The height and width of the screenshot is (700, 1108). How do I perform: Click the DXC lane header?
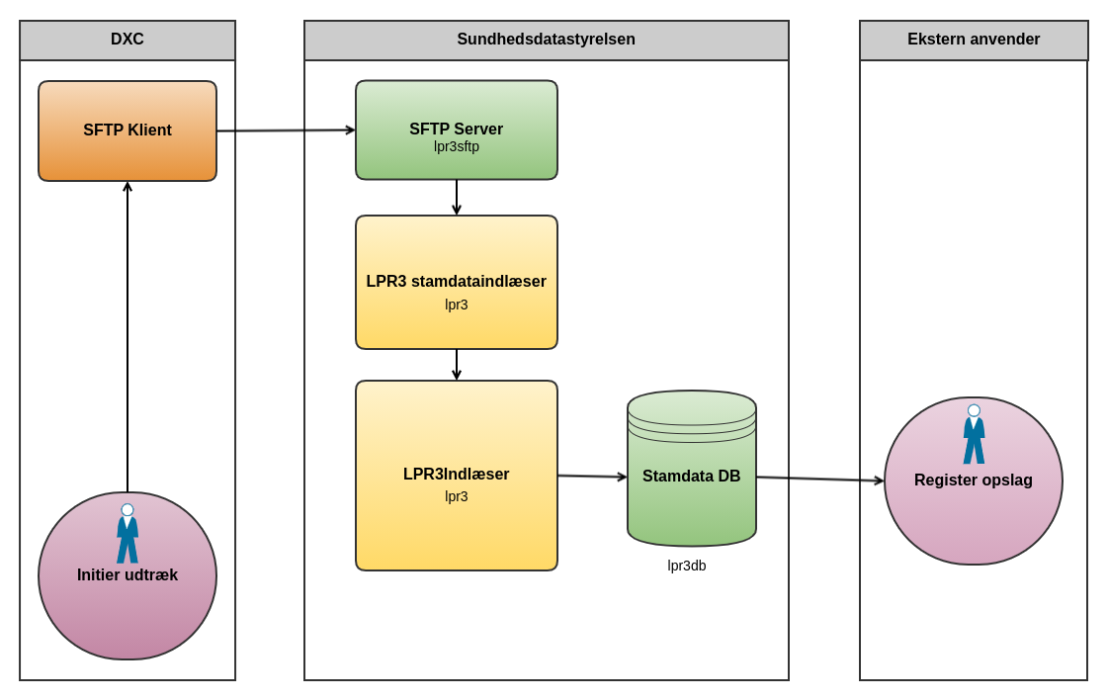[128, 41]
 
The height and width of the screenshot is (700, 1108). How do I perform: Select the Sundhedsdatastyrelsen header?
[546, 41]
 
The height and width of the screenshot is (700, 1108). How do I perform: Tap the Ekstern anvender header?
[974, 41]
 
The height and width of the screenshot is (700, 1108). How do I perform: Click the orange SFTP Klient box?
[128, 131]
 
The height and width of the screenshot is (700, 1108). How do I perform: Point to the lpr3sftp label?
[457, 147]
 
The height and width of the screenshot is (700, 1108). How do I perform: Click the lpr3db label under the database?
[687, 566]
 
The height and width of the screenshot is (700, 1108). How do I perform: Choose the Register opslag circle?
[974, 514]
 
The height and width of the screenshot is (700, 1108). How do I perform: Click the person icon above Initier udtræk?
[128, 534]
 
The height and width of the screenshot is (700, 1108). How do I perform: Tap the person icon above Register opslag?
[974, 434]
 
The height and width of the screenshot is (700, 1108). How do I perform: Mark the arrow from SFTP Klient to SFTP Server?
[286, 131]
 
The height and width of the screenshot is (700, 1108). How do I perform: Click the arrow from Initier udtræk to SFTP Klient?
[128, 336]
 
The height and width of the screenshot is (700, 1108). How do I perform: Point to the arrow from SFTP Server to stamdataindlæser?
[457, 197]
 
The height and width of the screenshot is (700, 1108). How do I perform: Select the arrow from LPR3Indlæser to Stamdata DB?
[592, 477]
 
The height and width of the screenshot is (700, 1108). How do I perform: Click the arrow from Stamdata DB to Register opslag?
[820, 480]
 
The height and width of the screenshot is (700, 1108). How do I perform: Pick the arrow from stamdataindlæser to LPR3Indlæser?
[457, 364]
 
